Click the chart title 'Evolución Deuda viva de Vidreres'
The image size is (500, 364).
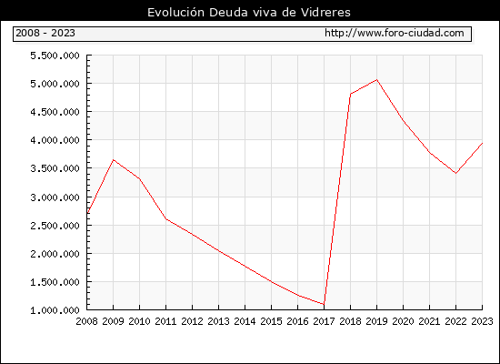(249, 12)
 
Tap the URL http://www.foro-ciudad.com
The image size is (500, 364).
(395, 33)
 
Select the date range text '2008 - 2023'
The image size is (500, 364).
(45, 33)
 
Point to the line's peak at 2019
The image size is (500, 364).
(376, 79)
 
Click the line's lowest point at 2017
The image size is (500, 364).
(324, 304)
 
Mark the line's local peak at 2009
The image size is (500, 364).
(114, 159)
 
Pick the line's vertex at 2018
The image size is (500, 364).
(350, 94)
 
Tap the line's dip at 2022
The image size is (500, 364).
(456, 173)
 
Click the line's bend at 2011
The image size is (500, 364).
(165, 218)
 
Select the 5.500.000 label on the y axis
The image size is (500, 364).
(55, 56)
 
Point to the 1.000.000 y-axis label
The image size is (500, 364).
(55, 310)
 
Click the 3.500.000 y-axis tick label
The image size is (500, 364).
(55, 168)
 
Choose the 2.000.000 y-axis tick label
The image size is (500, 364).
(55, 254)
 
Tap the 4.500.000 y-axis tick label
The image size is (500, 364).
(55, 112)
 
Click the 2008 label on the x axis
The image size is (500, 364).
(86, 321)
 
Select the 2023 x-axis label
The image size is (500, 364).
(482, 321)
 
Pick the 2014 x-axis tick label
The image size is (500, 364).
(245, 321)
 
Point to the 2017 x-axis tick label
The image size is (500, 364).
(324, 321)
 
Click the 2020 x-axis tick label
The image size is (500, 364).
(403, 321)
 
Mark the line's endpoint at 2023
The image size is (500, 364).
(482, 144)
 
